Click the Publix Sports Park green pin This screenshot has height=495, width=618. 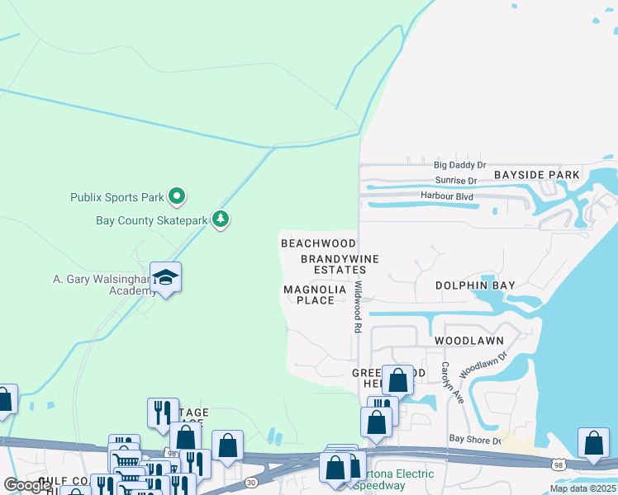(176, 196)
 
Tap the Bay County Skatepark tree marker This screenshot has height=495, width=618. (220, 219)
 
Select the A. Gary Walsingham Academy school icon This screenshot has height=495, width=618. (165, 278)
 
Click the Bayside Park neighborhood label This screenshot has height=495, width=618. (538, 176)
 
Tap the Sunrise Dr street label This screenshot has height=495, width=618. (455, 181)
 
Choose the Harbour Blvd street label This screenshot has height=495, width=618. (446, 196)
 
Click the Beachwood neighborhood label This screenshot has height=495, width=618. (318, 243)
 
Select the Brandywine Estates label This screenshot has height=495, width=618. (340, 264)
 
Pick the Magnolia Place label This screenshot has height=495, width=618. (320, 295)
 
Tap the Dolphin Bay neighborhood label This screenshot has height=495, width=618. (475, 285)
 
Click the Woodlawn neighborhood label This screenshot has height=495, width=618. (468, 340)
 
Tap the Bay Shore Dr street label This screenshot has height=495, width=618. (475, 441)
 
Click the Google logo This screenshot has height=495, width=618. (28, 485)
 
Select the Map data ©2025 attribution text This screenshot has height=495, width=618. (582, 488)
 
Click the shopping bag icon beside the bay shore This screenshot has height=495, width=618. (593, 443)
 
